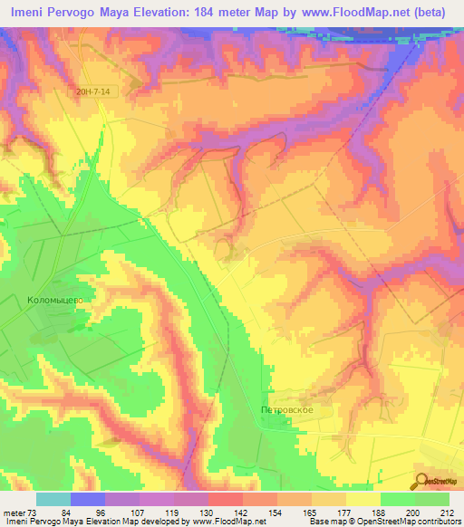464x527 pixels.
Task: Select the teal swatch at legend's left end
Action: pyautogui.click(x=53, y=499)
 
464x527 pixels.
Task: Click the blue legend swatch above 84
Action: pyautogui.click(x=88, y=499)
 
